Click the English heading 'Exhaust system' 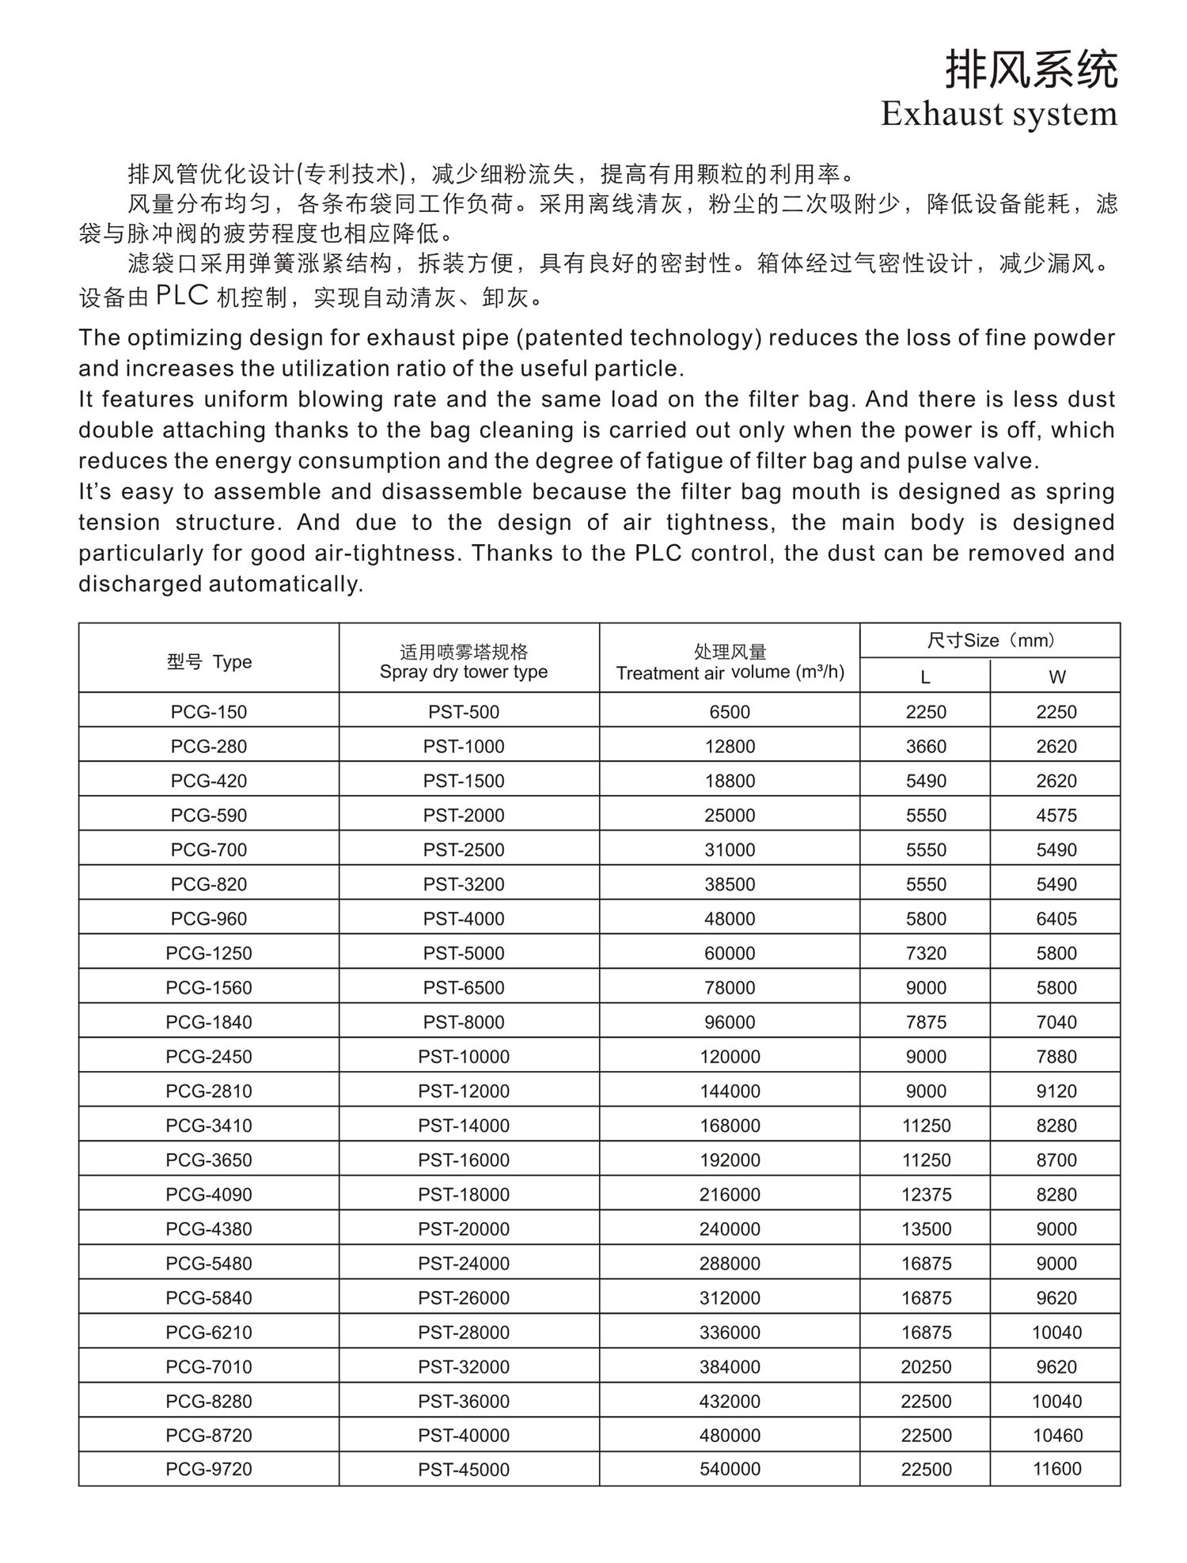999,114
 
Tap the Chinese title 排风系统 1032,69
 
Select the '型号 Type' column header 209,662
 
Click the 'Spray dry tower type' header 464,672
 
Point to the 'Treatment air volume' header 730,672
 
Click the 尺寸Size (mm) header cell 990,641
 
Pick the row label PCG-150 209,712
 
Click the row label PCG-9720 209,1469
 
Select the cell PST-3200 464,884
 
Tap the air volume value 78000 730,987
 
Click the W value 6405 1056,918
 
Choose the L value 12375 926,1194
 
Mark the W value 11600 1056,1469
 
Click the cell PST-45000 464,1470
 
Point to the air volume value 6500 730,712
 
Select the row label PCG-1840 209,1022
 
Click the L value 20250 926,1367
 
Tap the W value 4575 1056,816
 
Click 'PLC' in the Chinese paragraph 182,296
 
